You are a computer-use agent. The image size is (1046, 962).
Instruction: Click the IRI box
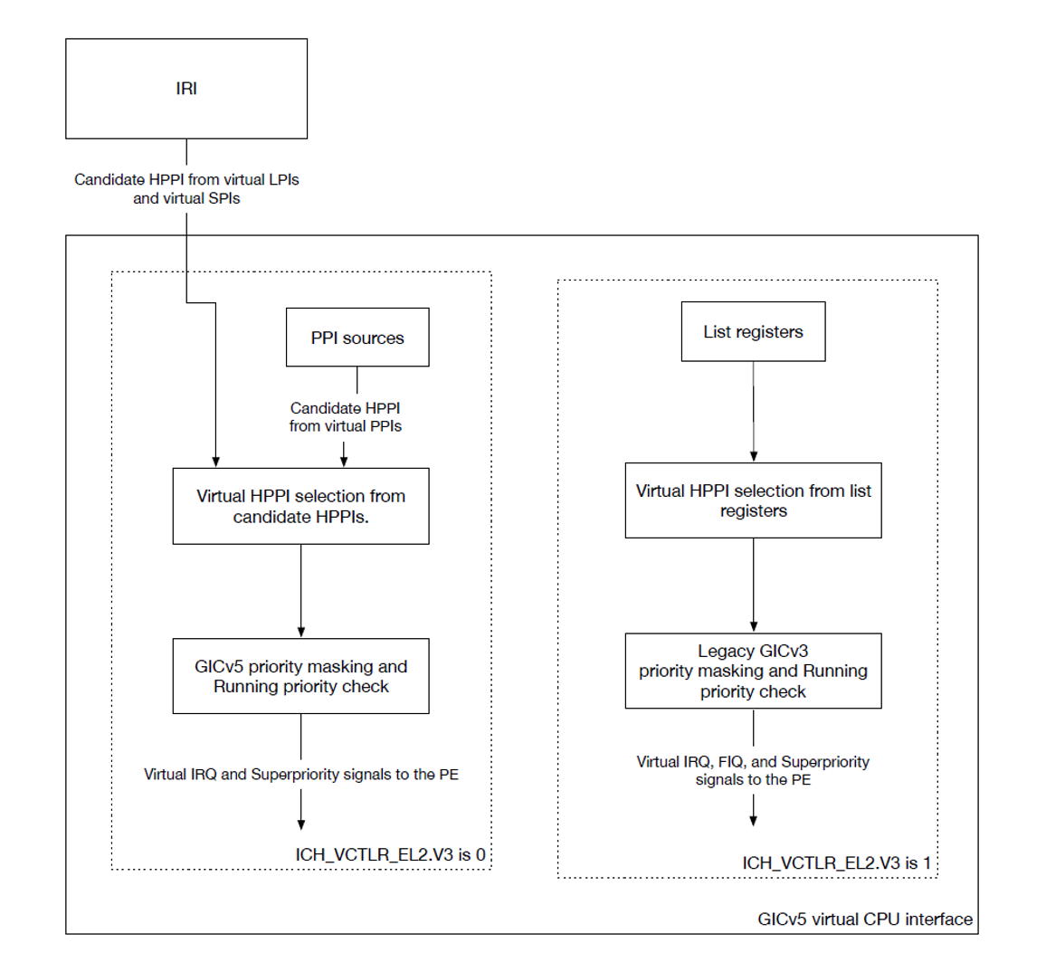(x=186, y=89)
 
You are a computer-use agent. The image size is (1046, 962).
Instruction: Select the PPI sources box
(x=357, y=337)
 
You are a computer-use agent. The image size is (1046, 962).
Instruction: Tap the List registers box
(x=753, y=331)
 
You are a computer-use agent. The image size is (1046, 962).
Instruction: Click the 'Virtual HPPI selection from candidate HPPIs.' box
(x=300, y=507)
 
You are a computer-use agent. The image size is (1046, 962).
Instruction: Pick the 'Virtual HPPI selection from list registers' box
(x=753, y=500)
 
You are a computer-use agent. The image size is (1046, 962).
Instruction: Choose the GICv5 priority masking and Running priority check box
(x=300, y=676)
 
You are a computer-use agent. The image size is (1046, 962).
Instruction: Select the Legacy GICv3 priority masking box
(x=753, y=671)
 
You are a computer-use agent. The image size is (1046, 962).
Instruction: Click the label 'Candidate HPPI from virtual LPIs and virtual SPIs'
(x=186, y=189)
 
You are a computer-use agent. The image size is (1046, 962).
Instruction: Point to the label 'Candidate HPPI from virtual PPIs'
(x=345, y=417)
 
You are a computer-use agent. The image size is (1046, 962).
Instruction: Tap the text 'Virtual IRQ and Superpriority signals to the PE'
(x=300, y=775)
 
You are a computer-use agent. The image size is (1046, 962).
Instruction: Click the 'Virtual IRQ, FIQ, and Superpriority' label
(x=753, y=762)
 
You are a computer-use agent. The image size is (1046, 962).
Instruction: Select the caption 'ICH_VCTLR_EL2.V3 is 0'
(x=390, y=854)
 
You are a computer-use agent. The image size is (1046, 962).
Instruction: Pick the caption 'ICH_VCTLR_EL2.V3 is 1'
(x=837, y=863)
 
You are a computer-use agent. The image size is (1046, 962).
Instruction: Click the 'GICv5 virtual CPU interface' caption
(x=865, y=919)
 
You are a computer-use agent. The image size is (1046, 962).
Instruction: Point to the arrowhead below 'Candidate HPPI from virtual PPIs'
(x=344, y=462)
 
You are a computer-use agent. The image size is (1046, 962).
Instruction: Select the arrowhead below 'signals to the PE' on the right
(x=753, y=821)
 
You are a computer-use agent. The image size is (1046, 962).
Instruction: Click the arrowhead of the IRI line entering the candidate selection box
(x=215, y=462)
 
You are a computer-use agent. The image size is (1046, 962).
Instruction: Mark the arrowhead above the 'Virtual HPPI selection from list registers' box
(x=754, y=457)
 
